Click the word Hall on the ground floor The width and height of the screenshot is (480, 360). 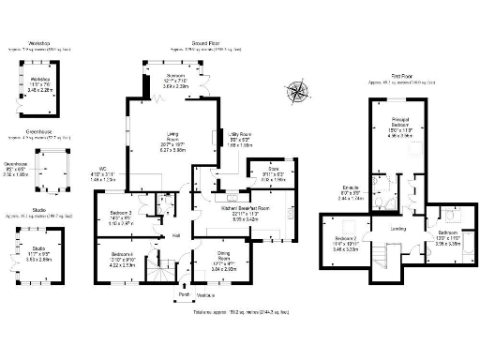tap(175, 235)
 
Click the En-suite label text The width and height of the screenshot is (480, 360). tap(349, 190)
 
